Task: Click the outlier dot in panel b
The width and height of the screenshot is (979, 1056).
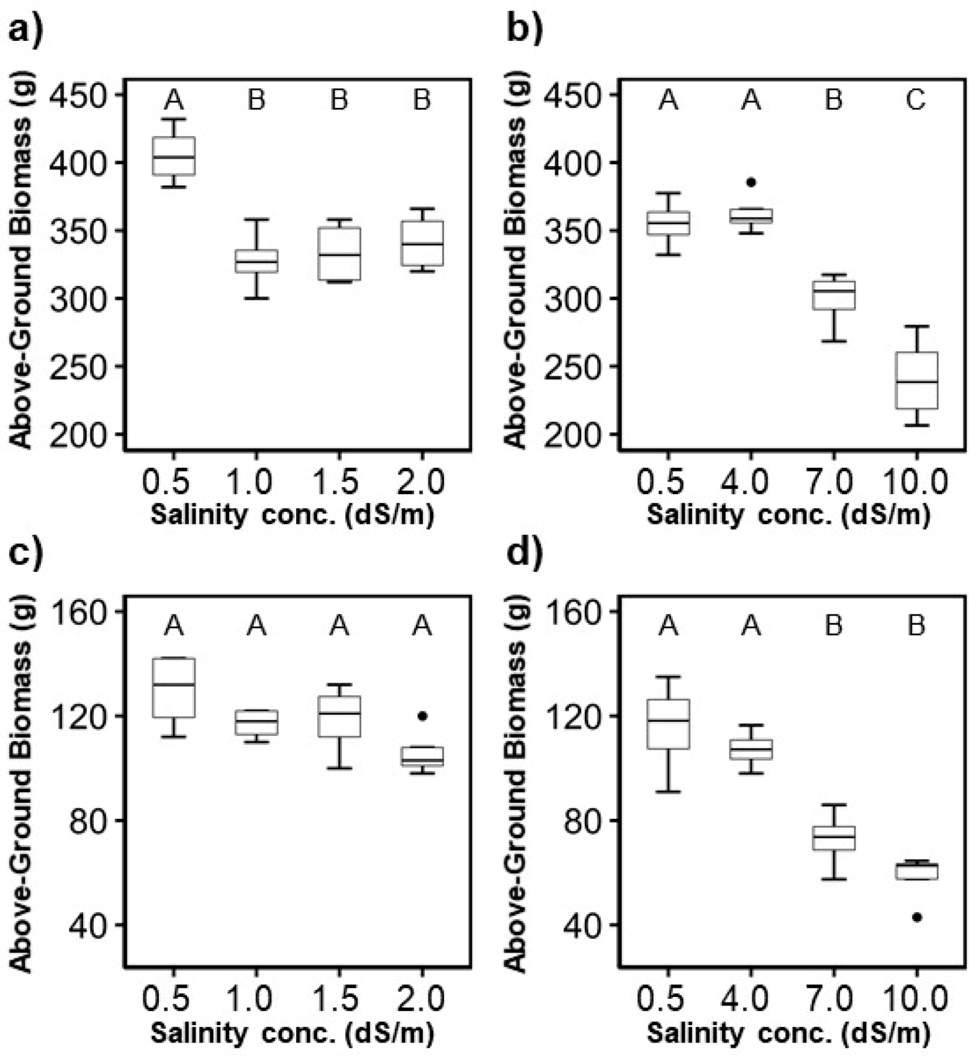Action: tap(751, 182)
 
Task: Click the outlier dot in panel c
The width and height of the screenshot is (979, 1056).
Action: tap(422, 716)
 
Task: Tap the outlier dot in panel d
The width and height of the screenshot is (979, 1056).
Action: tap(917, 917)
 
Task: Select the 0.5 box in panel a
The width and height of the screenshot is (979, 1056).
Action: tap(174, 156)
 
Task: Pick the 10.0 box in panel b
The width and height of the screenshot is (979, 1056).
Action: tap(916, 380)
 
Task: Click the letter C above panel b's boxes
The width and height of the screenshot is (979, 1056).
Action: tap(916, 100)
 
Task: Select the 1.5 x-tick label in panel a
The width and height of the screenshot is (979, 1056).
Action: tap(339, 482)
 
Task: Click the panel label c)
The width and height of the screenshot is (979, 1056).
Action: tap(26, 552)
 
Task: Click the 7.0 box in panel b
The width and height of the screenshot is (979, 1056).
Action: tap(834, 295)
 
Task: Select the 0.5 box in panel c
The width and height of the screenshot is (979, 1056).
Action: tap(174, 687)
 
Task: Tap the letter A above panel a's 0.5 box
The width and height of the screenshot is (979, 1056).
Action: tap(174, 100)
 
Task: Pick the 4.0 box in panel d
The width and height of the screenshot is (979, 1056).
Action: tap(751, 750)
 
